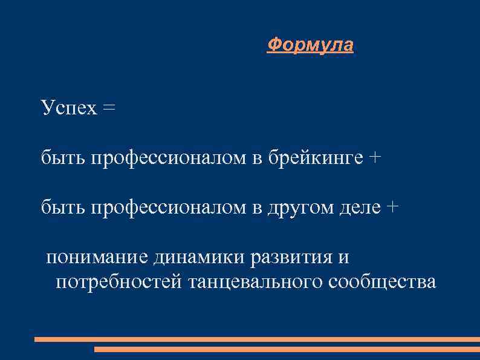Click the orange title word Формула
point(310,45)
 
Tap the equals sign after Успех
point(108,108)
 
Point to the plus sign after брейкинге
point(375,158)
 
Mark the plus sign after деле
point(393,208)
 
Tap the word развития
point(291,257)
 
